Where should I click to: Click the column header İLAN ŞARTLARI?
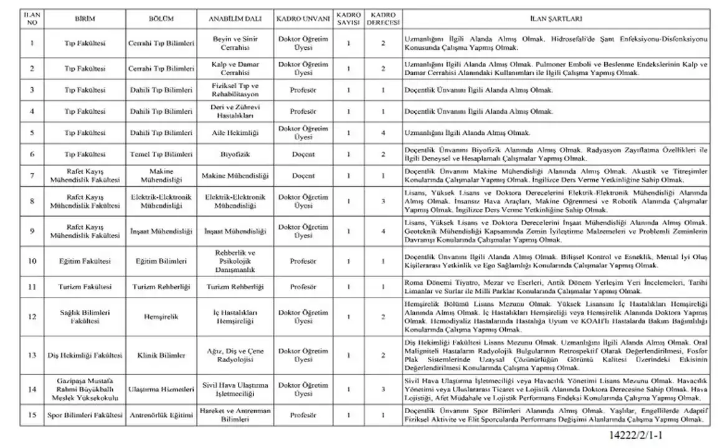tap(554, 19)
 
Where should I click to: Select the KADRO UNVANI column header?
tap(303, 19)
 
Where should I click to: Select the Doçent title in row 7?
tap(303, 176)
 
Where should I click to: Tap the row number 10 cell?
tap(32, 261)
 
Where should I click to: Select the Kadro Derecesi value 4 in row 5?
tap(383, 133)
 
